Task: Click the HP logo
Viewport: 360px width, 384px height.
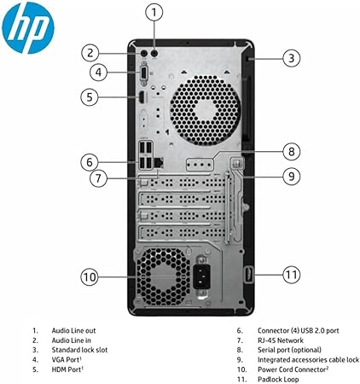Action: pyautogui.click(x=28, y=26)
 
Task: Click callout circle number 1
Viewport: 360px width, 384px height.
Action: pyautogui.click(x=154, y=12)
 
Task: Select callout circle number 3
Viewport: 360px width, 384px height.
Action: pyautogui.click(x=292, y=58)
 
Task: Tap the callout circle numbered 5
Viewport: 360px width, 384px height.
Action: pyautogui.click(x=90, y=97)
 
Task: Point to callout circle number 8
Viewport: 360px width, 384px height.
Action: pyautogui.click(x=292, y=151)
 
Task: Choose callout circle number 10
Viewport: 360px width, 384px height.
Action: pyautogui.click(x=90, y=276)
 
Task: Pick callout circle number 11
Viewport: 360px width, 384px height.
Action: pyautogui.click(x=292, y=275)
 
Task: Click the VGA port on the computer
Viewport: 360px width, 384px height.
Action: pyautogui.click(x=144, y=73)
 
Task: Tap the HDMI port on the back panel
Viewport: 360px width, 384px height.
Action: pyautogui.click(x=142, y=97)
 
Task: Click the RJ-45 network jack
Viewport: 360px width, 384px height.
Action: pyautogui.click(x=159, y=163)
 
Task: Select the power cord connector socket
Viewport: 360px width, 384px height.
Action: pyautogui.click(x=202, y=276)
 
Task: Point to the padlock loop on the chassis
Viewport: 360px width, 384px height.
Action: pyautogui.click(x=248, y=275)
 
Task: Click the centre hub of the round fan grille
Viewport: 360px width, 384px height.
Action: pyautogui.click(x=206, y=110)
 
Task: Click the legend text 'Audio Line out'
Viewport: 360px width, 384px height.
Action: pyautogui.click(x=73, y=330)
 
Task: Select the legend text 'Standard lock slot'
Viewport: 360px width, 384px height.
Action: pyautogui.click(x=79, y=350)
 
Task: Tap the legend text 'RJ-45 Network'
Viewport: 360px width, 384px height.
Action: pyautogui.click(x=281, y=340)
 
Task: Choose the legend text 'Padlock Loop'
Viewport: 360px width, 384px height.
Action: pyautogui.click(x=278, y=379)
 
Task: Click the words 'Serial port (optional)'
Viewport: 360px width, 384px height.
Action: pyautogui.click(x=289, y=350)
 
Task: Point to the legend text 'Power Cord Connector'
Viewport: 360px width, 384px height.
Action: pyautogui.click(x=292, y=369)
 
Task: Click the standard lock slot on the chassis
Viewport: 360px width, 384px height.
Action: pyautogui.click(x=247, y=59)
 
